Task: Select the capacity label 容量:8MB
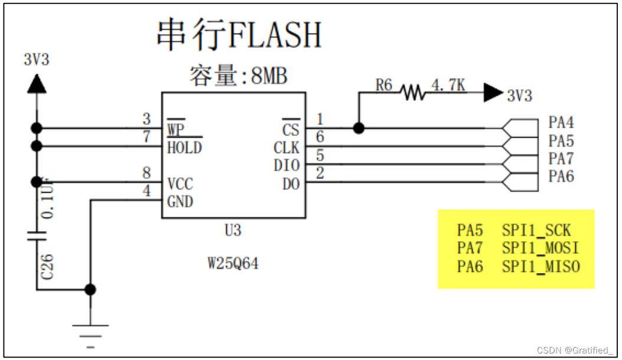[x=239, y=76]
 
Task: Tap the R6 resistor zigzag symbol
[x=412, y=92]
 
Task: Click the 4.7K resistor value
[x=448, y=85]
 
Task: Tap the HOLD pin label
[x=184, y=147]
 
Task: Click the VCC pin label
[x=180, y=184]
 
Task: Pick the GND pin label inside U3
[x=180, y=202]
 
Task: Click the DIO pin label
[x=286, y=166]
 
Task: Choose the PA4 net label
[x=561, y=123]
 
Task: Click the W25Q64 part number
[x=233, y=264]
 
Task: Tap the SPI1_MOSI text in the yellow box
[x=540, y=248]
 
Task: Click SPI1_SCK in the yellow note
[x=536, y=231]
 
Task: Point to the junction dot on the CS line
[x=357, y=128]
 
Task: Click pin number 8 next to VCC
[x=146, y=173]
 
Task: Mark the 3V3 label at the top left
[x=37, y=59]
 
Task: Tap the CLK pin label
[x=286, y=147]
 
